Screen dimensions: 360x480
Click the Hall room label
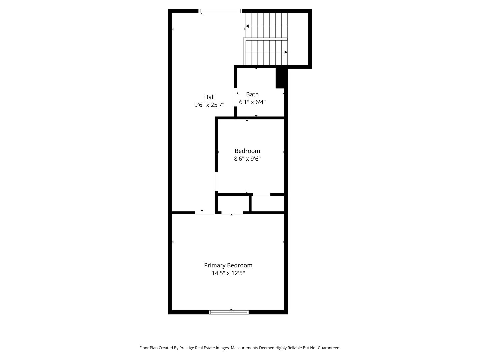point(209,97)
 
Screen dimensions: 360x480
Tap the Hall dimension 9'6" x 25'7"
point(209,105)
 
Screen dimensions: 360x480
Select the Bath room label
point(252,94)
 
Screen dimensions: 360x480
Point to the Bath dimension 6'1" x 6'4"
point(252,102)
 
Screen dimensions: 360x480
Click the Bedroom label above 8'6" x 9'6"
point(247,151)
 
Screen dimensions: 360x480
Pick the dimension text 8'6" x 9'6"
point(247,159)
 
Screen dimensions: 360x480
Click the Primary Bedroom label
point(228,265)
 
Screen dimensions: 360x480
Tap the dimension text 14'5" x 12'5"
point(228,273)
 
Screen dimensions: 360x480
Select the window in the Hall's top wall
point(220,11)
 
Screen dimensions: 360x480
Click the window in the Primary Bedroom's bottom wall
point(229,312)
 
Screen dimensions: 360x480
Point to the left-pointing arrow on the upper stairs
point(247,26)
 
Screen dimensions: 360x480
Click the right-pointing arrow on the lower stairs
point(286,52)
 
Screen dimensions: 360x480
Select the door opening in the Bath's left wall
point(236,97)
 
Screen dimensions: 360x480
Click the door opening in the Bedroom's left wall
point(217,182)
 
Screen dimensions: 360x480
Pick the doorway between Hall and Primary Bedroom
point(205,213)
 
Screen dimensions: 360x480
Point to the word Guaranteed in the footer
point(328,348)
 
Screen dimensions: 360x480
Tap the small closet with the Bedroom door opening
point(268,203)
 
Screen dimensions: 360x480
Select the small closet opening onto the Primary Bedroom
point(233,204)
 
